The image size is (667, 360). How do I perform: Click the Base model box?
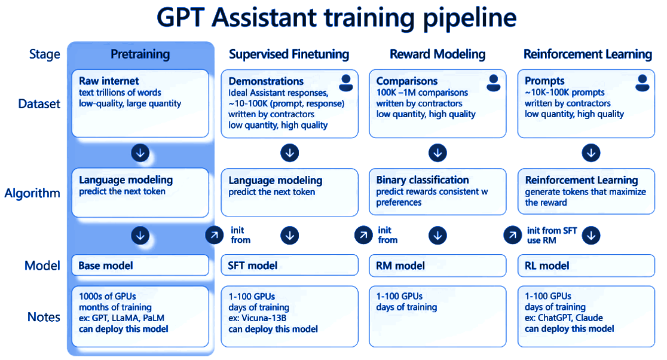140,266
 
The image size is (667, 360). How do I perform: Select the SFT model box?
289,266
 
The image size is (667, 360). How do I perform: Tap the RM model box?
437,266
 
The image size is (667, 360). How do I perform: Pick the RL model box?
586,266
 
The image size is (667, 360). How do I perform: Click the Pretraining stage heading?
140,54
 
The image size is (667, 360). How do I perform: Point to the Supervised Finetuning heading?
289,54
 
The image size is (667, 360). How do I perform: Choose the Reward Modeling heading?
437,54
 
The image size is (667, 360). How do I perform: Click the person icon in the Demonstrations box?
346,83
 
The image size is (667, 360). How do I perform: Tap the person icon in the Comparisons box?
494,83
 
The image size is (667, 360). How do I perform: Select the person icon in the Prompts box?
642,83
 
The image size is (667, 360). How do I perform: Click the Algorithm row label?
32,194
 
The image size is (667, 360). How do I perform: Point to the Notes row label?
44,317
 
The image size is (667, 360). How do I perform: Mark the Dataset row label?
39,104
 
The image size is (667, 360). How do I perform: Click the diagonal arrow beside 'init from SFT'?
513,235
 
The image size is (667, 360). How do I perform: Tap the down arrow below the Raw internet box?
140,152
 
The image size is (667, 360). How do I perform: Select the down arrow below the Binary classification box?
437,236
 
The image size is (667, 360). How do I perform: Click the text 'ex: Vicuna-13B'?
258,318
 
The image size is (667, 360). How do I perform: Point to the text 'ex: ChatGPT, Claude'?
564,318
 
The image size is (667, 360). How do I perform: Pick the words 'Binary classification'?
423,180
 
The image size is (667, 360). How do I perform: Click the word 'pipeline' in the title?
470,19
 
